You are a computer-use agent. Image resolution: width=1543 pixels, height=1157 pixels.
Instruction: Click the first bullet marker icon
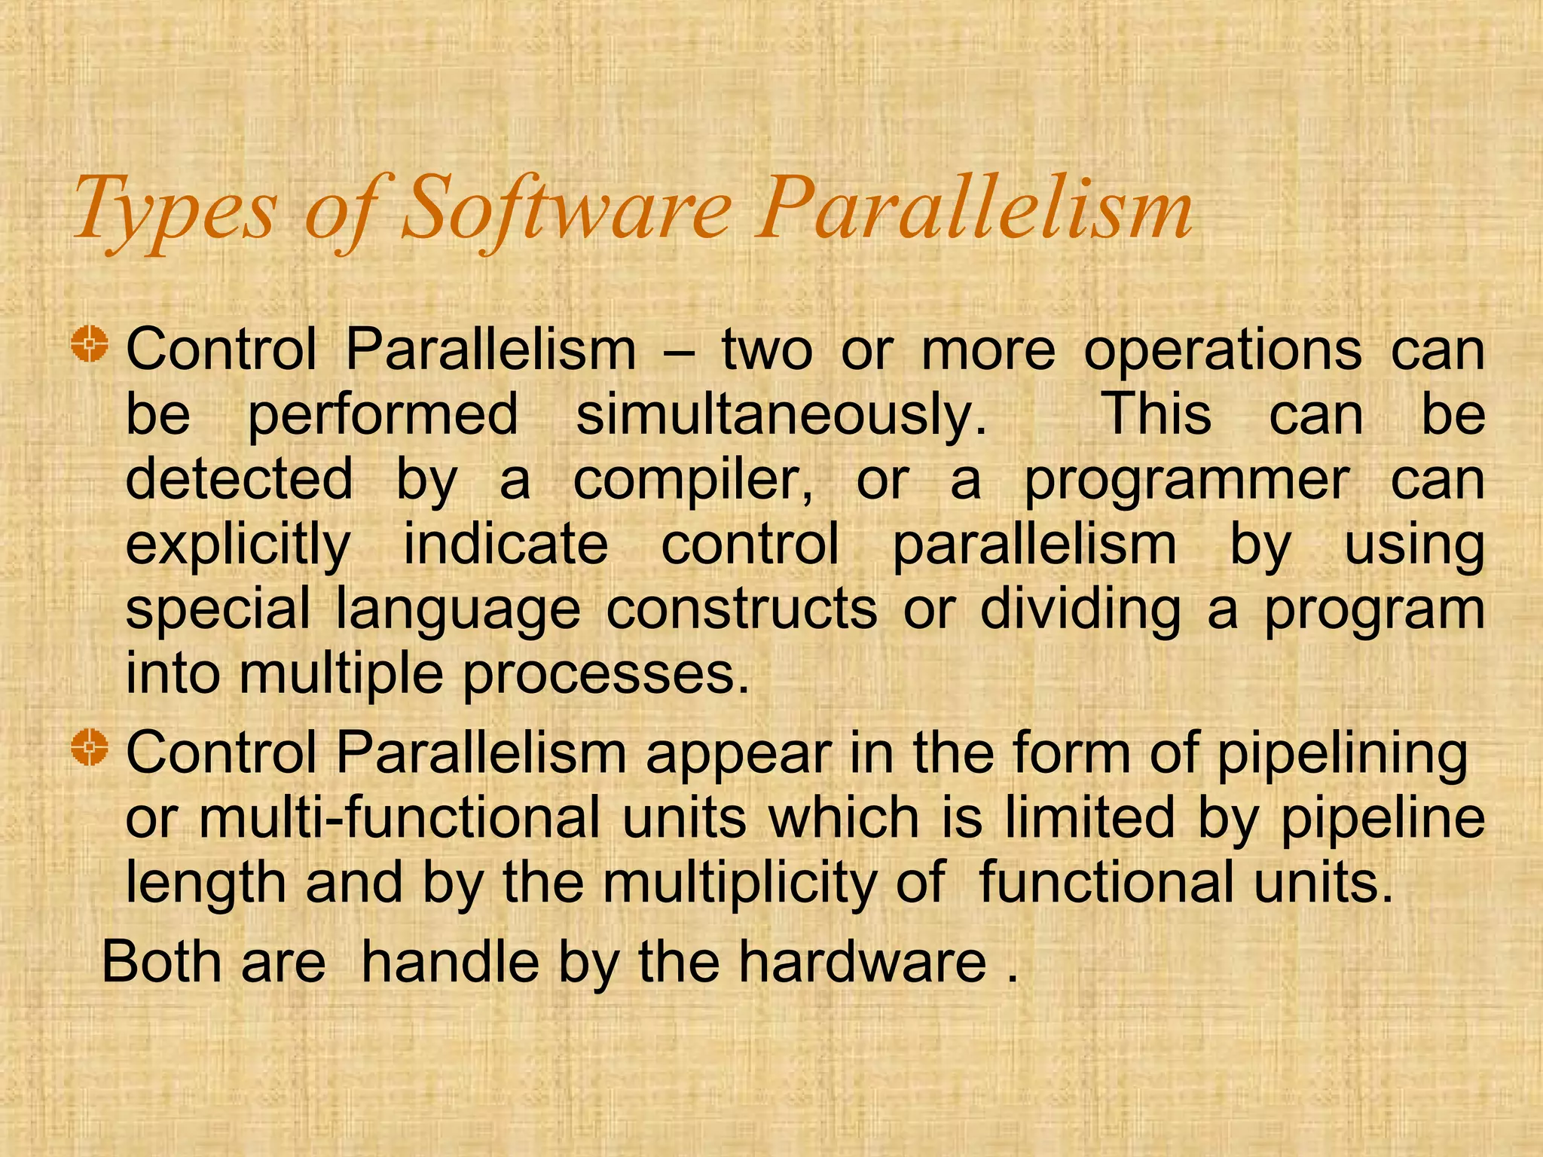(90, 346)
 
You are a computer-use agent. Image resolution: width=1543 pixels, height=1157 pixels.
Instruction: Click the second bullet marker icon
(90, 748)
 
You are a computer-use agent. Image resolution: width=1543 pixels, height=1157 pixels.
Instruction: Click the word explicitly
(238, 545)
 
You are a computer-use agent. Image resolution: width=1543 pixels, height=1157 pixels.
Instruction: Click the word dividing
(1080, 609)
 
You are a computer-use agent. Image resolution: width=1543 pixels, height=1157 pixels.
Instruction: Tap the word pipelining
(1342, 754)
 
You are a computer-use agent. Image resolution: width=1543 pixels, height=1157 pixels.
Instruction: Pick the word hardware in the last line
(861, 962)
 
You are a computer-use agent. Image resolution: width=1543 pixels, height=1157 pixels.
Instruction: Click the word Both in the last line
(161, 962)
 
